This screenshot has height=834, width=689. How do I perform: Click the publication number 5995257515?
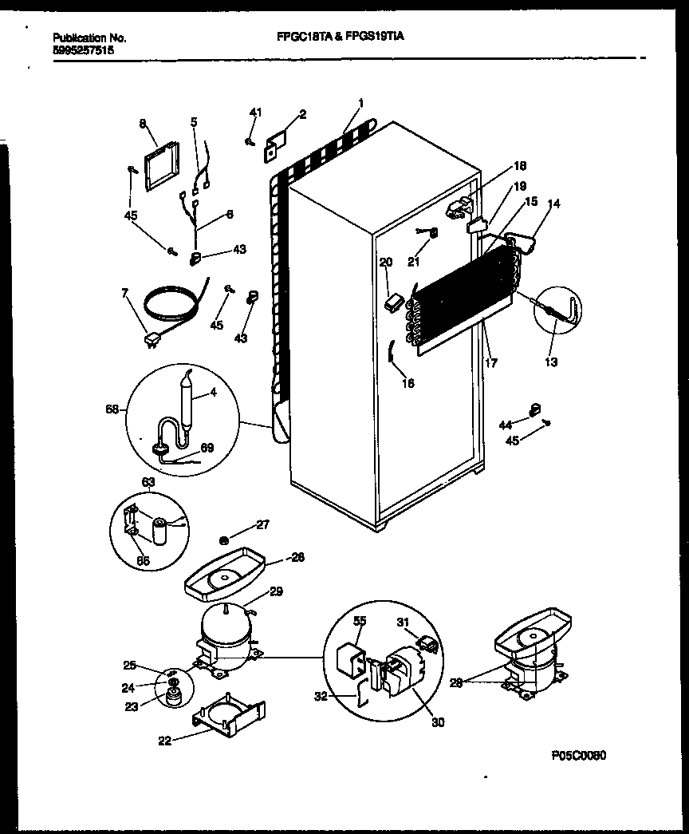tap(82, 49)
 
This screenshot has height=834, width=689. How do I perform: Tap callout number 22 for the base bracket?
tap(164, 740)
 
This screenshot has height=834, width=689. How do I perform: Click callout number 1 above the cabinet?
tap(360, 102)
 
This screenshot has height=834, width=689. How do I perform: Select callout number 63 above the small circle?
tap(148, 482)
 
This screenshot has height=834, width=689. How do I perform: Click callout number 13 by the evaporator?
tap(552, 362)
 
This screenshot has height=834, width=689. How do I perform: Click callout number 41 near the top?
tap(255, 113)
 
